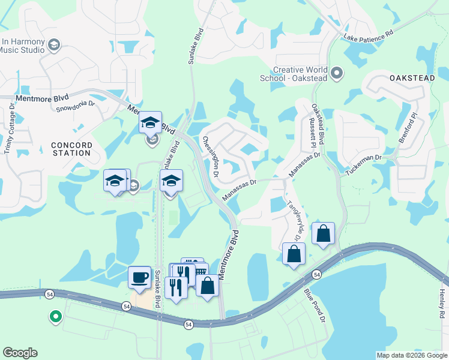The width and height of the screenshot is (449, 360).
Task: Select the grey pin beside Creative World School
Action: pyautogui.click(x=337, y=74)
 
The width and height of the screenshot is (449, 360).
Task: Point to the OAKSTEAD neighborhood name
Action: pyautogui.click(x=411, y=79)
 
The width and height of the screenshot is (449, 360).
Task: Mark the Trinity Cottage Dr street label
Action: pyautogui.click(x=10, y=132)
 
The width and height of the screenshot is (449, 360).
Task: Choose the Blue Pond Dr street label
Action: pyautogui.click(x=314, y=304)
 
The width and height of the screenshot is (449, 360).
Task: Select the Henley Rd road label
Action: pyautogui.click(x=441, y=303)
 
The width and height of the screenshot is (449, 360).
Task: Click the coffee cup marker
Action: pyautogui.click(x=140, y=277)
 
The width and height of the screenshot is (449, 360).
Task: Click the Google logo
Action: pyautogui.click(x=20, y=353)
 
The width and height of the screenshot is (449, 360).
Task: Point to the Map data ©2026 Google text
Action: pyautogui.click(x=412, y=355)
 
